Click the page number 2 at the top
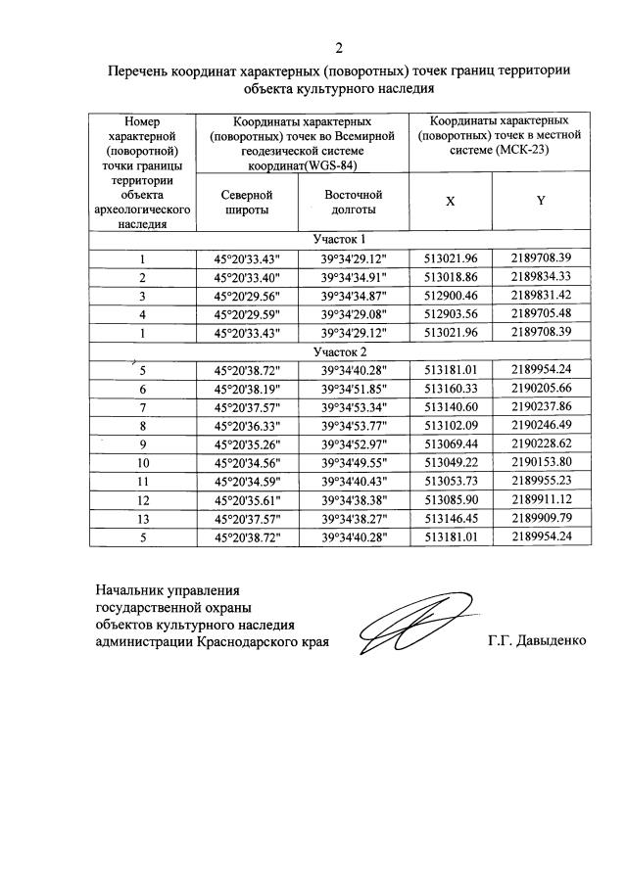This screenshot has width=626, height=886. click(x=339, y=48)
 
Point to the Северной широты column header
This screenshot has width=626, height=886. click(x=246, y=202)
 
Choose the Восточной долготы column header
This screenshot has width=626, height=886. click(x=353, y=202)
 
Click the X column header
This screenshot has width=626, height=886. click(x=451, y=201)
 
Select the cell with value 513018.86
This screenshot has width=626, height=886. click(x=451, y=277)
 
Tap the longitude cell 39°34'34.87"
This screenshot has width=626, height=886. click(x=353, y=296)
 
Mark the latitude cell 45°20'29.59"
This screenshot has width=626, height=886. click(x=246, y=314)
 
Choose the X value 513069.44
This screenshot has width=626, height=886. click(x=451, y=444)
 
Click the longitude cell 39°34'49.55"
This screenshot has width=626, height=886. click(x=353, y=463)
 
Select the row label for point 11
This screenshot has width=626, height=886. click(x=142, y=482)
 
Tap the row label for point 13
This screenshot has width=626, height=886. click(x=142, y=519)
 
